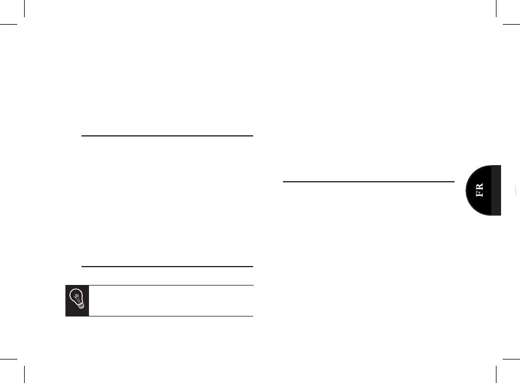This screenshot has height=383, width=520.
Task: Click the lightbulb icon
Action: (76, 300)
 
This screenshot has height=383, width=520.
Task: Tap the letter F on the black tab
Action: (480, 195)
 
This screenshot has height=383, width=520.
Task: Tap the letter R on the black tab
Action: (480, 187)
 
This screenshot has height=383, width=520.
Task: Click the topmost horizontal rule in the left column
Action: (167, 136)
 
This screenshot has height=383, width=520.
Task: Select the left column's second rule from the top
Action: (167, 266)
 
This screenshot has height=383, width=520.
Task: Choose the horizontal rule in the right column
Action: (368, 182)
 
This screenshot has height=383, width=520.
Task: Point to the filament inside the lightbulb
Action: (75, 298)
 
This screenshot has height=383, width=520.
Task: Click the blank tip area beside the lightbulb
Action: (172, 300)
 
